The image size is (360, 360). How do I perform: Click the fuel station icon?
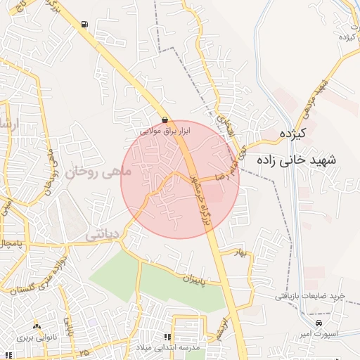[85, 25]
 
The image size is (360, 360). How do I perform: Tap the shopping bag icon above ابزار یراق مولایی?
[165, 120]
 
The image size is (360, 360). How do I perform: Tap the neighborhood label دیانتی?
[101, 236]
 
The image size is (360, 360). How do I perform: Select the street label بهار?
[243, 253]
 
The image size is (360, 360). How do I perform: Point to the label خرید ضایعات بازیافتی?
[309, 296]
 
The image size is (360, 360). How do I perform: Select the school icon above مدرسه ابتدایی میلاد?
[167, 337]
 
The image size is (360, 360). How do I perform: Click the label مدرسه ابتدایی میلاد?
[169, 348]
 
